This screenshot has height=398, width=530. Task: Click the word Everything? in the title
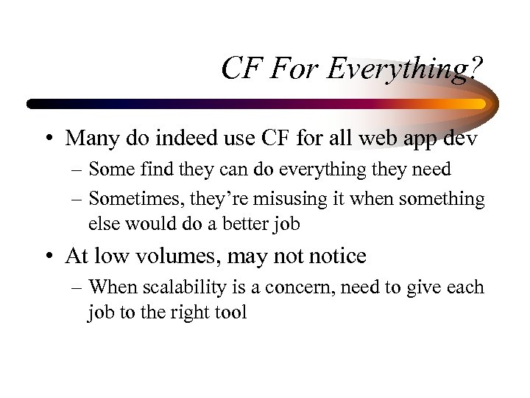(x=404, y=70)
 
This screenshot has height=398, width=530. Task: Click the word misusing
(x=286, y=199)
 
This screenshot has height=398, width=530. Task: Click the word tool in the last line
(x=230, y=312)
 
